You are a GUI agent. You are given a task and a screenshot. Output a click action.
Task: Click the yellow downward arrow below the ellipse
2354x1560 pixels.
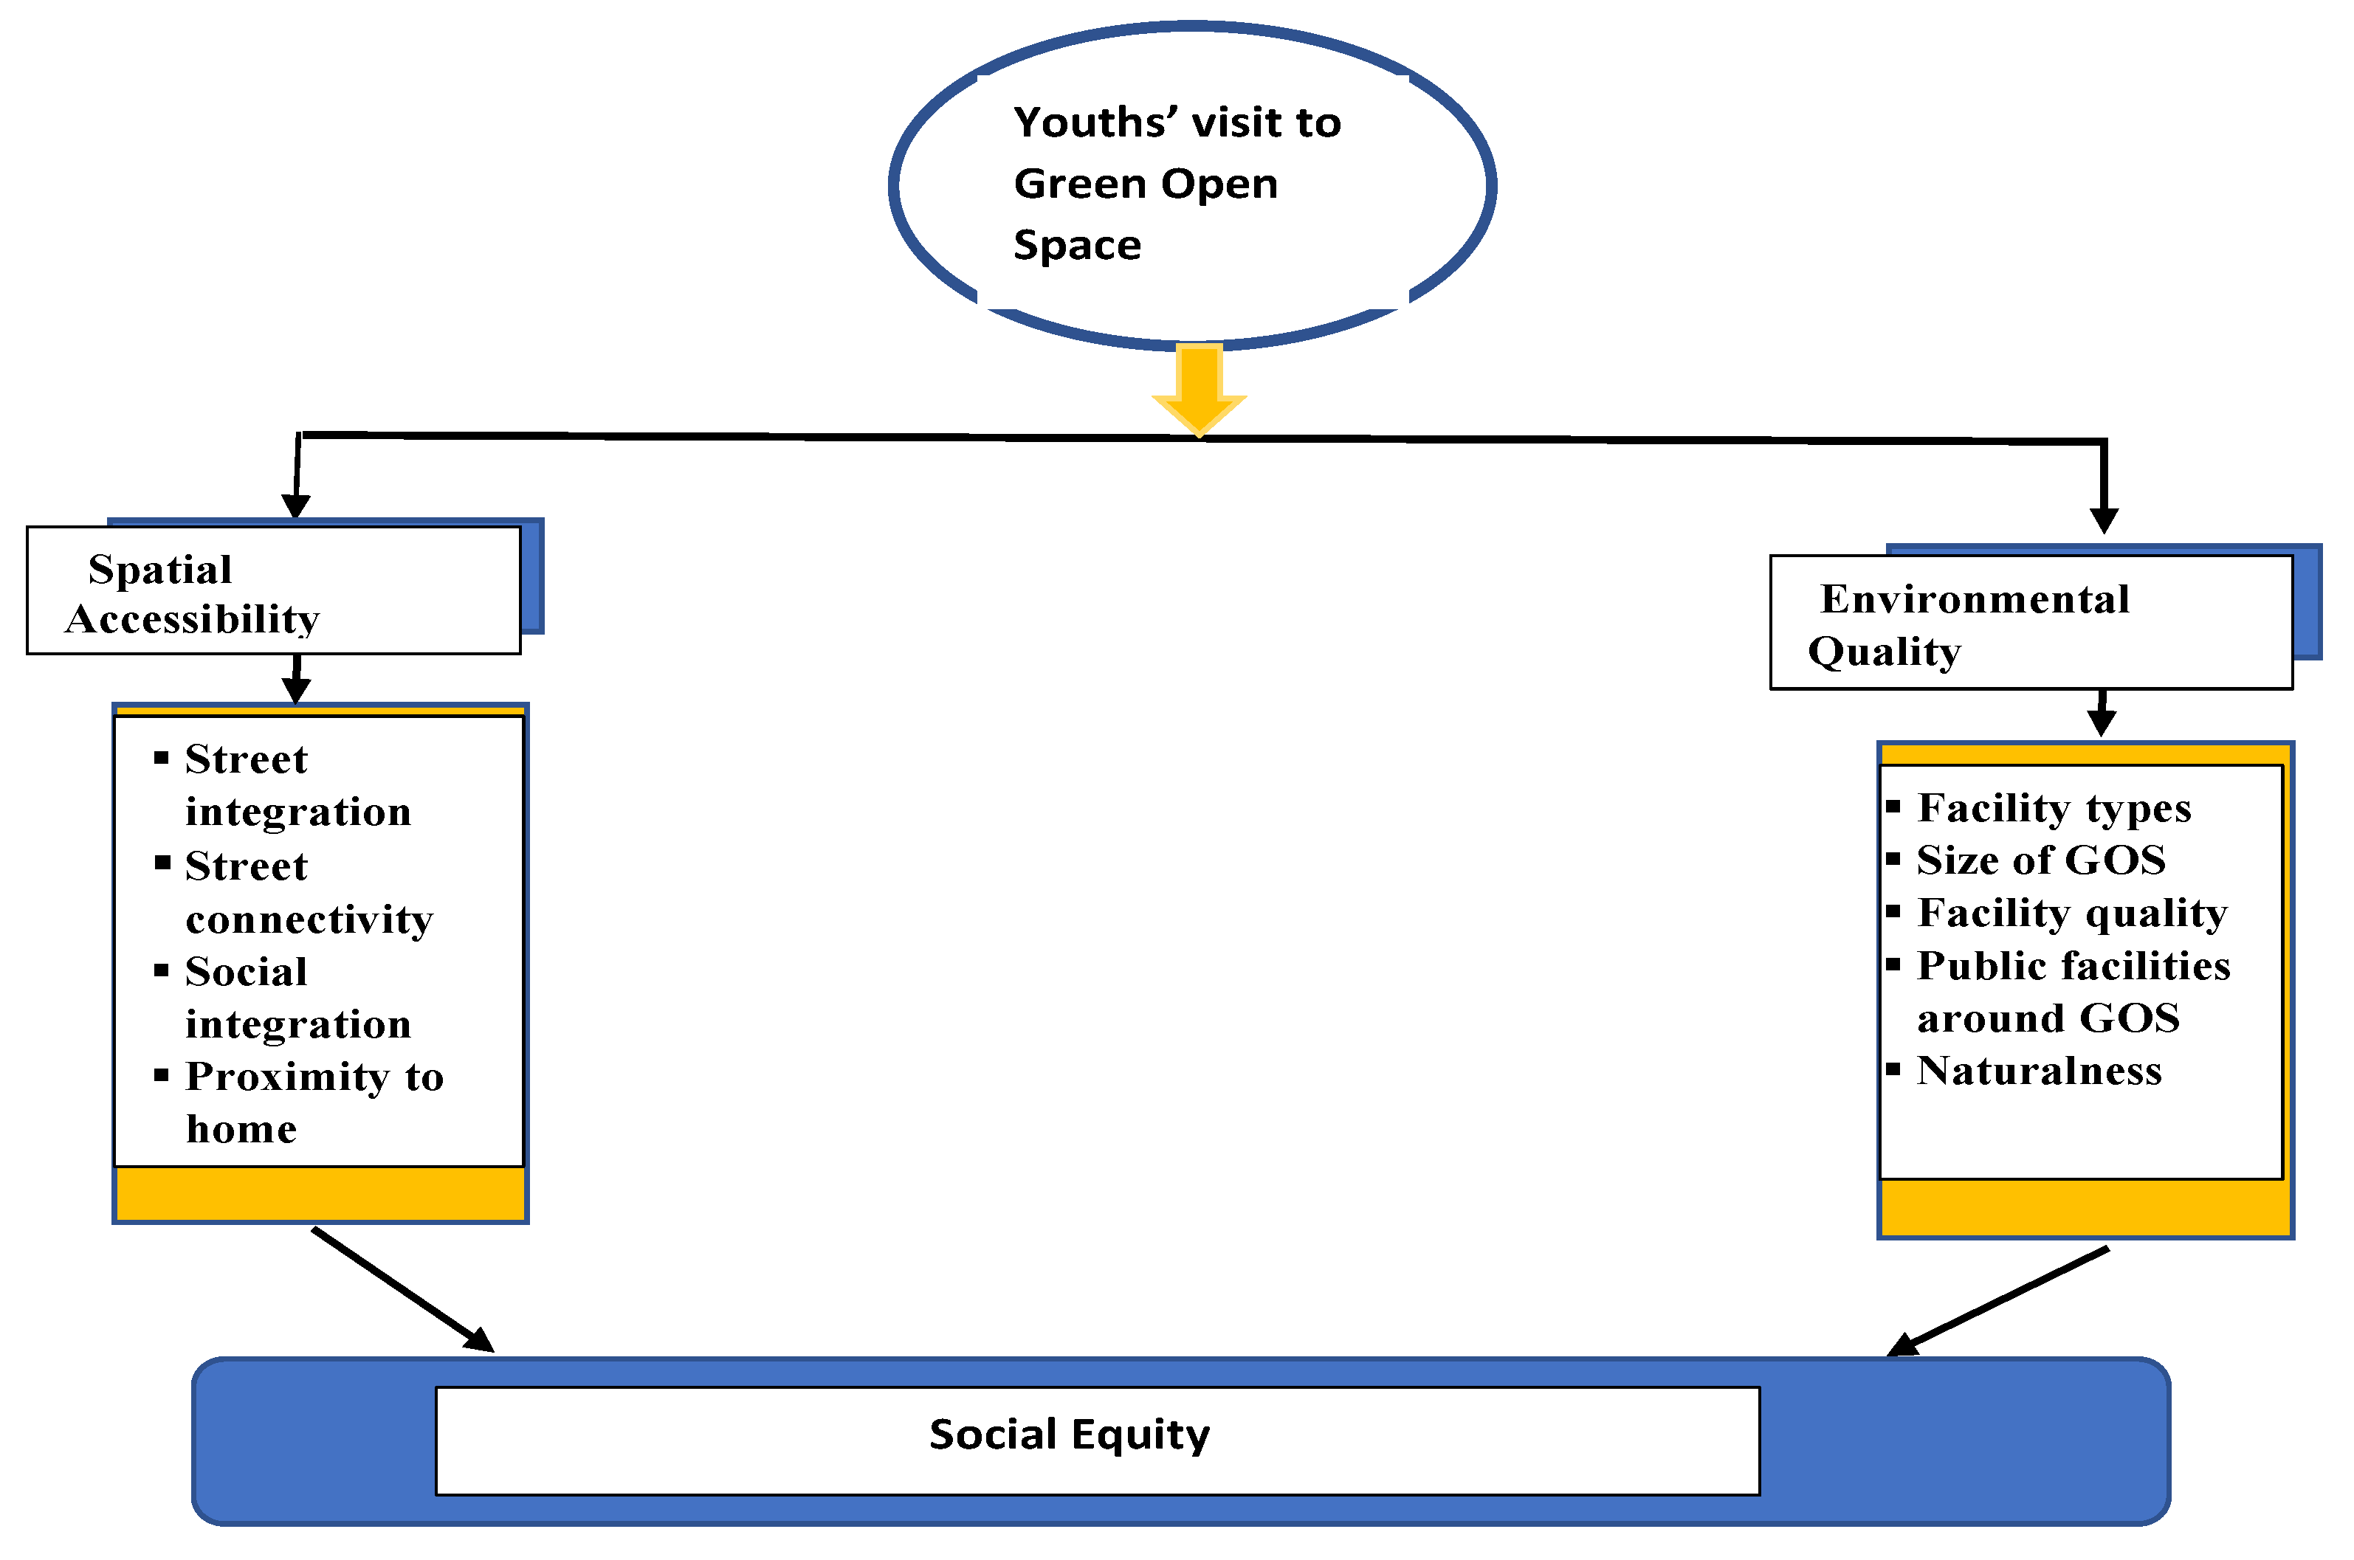[1199, 388]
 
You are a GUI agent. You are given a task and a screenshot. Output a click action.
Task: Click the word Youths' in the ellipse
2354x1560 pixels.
[1095, 123]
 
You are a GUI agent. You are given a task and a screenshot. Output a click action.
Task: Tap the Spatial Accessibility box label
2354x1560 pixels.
[192, 594]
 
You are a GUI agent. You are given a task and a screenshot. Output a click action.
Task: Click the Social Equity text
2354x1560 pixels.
[1069, 1435]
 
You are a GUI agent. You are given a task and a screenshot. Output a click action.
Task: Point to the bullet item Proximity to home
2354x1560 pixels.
[314, 1102]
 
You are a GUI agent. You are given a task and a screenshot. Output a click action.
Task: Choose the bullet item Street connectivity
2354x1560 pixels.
[309, 891]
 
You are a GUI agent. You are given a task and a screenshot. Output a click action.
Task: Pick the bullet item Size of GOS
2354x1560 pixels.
[2040, 860]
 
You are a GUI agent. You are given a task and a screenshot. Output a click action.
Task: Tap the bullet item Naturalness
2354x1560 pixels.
[2039, 1071]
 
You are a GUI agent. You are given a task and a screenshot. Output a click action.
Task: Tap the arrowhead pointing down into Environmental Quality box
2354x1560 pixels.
[2103, 520]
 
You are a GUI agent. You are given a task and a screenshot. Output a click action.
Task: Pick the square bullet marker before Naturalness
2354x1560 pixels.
[1893, 1069]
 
